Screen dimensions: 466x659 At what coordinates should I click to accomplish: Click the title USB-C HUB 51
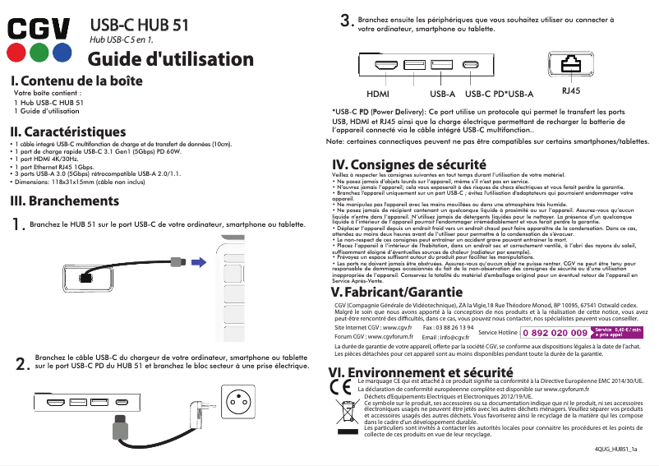click(x=139, y=25)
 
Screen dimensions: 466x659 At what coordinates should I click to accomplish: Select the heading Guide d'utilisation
click(x=171, y=59)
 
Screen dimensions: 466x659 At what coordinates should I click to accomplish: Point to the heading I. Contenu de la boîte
click(x=75, y=81)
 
